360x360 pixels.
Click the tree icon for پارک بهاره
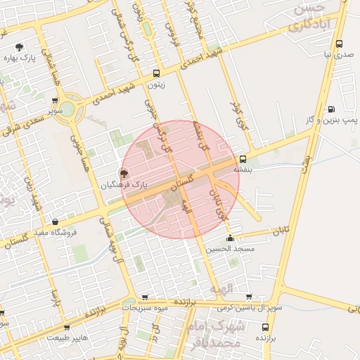tap(19, 46)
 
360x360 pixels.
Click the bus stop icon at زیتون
tap(156, 72)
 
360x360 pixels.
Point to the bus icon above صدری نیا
tap(340, 43)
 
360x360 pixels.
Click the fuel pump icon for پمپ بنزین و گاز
tap(331, 109)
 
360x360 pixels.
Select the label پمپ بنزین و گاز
tap(330, 120)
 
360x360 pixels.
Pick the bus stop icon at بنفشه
tap(243, 159)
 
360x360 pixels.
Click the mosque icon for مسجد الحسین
tap(231, 238)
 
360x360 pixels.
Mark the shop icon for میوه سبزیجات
tap(145, 297)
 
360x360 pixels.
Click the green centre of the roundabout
tap(67, 108)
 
